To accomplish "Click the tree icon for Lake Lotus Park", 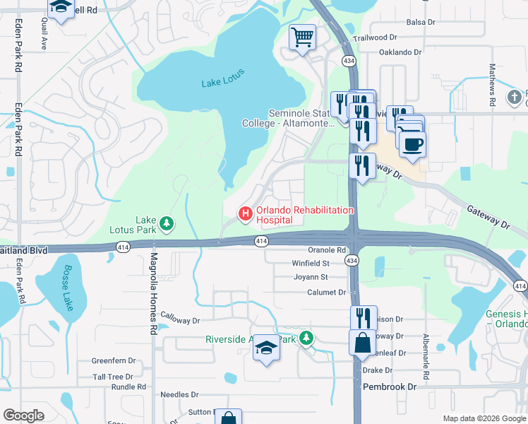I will pyautogui.click(x=167, y=224).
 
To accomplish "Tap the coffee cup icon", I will pyautogui.click(x=412, y=143).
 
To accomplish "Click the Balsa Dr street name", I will pyautogui.click(x=420, y=23).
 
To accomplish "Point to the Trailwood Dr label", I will pyautogui.click(x=376, y=37).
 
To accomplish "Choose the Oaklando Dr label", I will pyautogui.click(x=400, y=52).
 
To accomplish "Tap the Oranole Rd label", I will pyautogui.click(x=327, y=250).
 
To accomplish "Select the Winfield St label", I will pyautogui.click(x=311, y=263).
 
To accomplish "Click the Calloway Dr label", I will pyautogui.click(x=181, y=320).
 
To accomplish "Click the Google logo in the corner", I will pyautogui.click(x=23, y=416).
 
